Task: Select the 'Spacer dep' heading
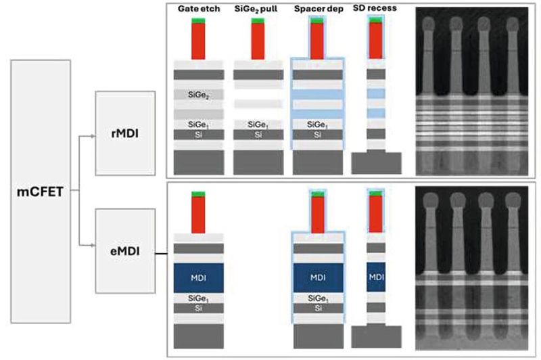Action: pyautogui.click(x=316, y=10)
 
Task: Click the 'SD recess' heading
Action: pyautogui.click(x=375, y=10)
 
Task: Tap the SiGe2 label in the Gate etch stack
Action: pyautogui.click(x=198, y=97)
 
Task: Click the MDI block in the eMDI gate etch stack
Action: pyautogui.click(x=198, y=279)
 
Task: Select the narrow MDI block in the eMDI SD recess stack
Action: pyautogui.click(x=377, y=279)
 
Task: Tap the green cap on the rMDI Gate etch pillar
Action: pyautogui.click(x=198, y=21)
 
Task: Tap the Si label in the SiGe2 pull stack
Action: pyautogui.click(x=258, y=135)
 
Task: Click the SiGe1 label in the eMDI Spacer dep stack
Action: pyautogui.click(x=316, y=298)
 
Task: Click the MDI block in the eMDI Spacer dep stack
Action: pyautogui.click(x=316, y=279)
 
